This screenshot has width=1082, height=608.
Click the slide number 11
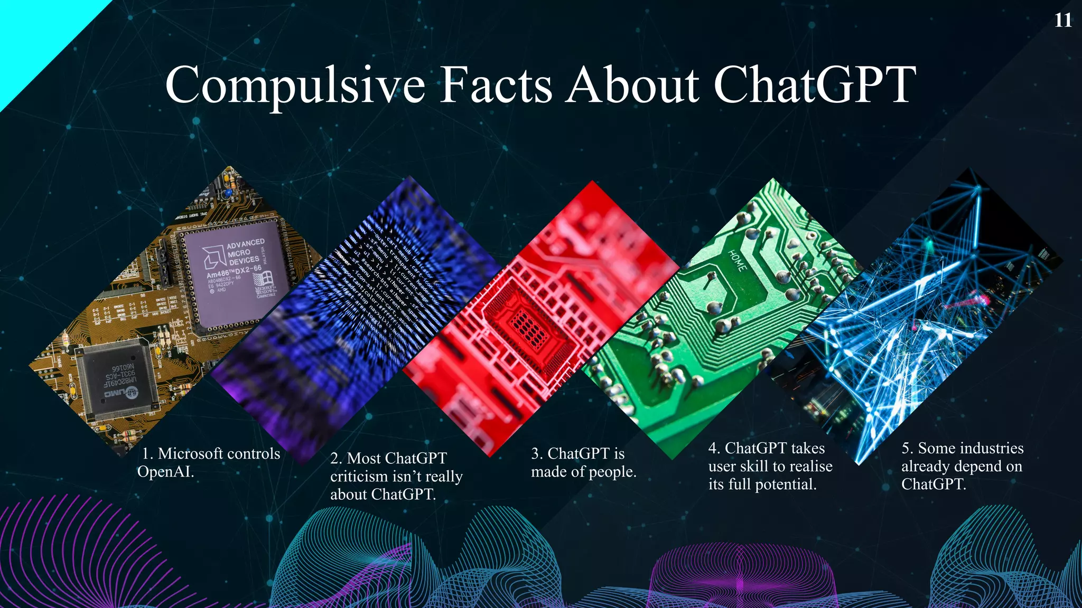pyautogui.click(x=1063, y=21)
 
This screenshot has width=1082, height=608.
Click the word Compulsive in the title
pyautogui.click(x=295, y=85)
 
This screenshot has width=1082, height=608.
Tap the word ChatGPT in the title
pyautogui.click(x=815, y=85)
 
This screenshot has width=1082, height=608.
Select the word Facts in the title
pyautogui.click(x=496, y=85)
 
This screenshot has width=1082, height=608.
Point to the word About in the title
pyautogui.click(x=632, y=85)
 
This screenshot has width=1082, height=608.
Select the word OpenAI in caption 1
pyautogui.click(x=165, y=471)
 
